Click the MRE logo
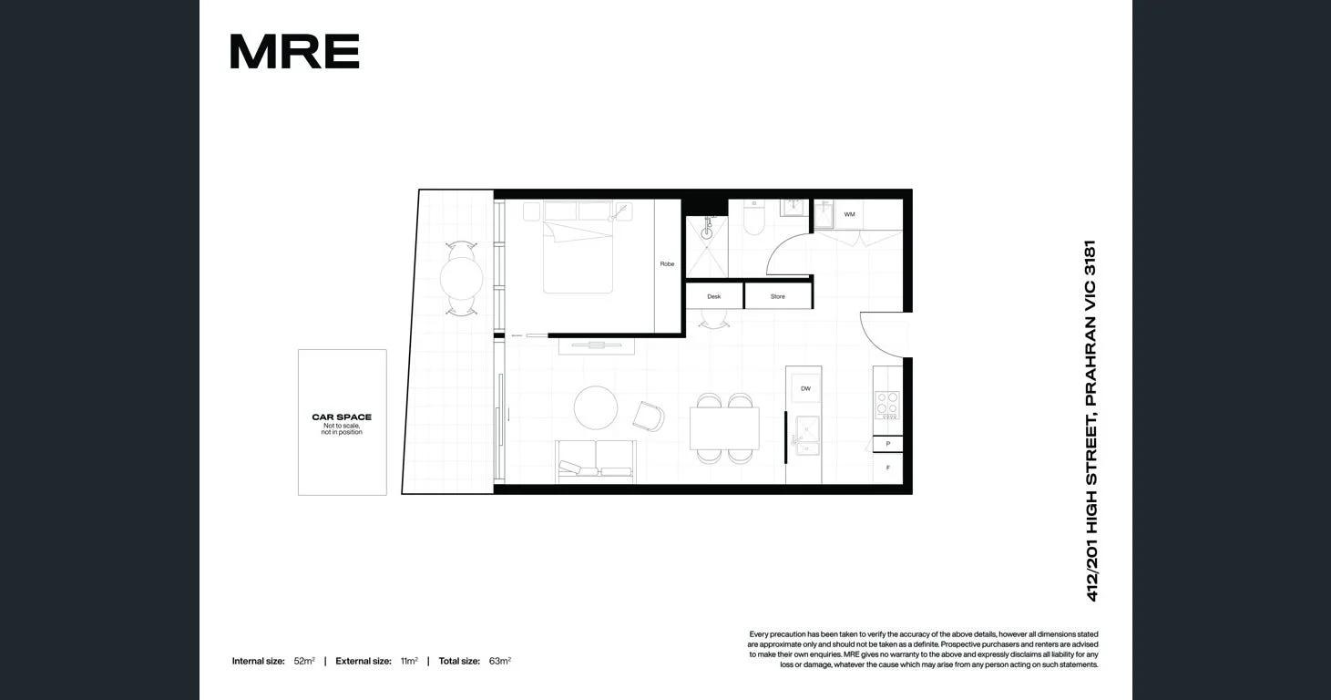(x=294, y=52)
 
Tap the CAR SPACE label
(x=342, y=417)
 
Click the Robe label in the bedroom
(x=667, y=264)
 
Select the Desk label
(x=714, y=296)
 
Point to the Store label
(x=777, y=296)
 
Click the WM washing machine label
(x=849, y=215)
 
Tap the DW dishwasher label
(x=805, y=389)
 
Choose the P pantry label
(x=887, y=444)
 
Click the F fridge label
(x=887, y=468)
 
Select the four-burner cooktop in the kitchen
(x=886, y=405)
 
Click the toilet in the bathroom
(x=753, y=220)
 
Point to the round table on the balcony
(x=462, y=279)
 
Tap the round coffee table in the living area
(x=596, y=407)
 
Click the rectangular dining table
(x=724, y=428)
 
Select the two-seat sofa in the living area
(x=596, y=459)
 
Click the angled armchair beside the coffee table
(x=649, y=416)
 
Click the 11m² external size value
(x=409, y=661)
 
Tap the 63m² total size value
(x=500, y=661)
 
